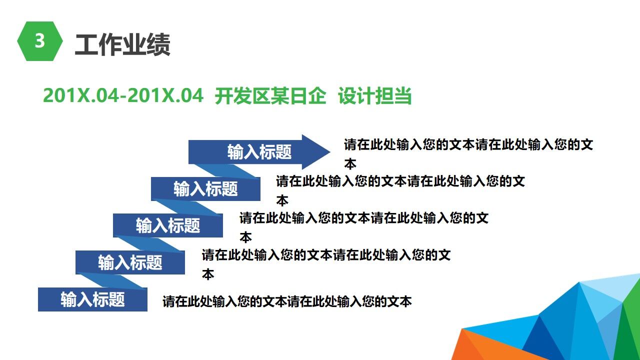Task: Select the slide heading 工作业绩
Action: tap(122, 44)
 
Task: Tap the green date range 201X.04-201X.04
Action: tap(123, 95)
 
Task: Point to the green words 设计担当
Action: tap(374, 95)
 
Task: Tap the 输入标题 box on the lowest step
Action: tap(92, 299)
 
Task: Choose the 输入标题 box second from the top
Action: tap(205, 189)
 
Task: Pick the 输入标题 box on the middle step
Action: tap(167, 225)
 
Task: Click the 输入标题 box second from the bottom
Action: tap(130, 262)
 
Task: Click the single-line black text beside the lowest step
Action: tap(287, 301)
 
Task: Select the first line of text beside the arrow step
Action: tap(468, 145)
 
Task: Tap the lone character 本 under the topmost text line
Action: tap(350, 164)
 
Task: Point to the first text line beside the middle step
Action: tap(363, 218)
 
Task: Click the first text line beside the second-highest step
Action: tap(400, 181)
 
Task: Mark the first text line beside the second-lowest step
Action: tap(326, 255)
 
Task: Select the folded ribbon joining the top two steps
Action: tap(235, 170)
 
